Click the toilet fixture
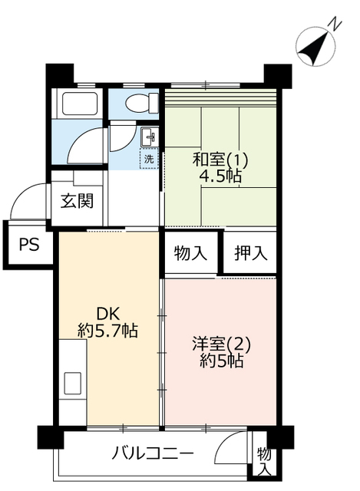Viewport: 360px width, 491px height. click(x=142, y=102)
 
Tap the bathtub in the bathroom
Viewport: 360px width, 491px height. click(x=80, y=104)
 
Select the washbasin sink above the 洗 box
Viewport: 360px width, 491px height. click(x=148, y=137)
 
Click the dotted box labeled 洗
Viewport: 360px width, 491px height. click(x=149, y=159)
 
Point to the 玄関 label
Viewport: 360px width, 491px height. click(x=77, y=201)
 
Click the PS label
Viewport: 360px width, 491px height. click(x=29, y=244)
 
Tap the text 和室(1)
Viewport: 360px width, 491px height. click(x=220, y=160)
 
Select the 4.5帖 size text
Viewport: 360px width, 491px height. click(x=220, y=177)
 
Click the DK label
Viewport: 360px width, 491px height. click(x=107, y=313)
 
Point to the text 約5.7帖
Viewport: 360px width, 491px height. click(x=107, y=330)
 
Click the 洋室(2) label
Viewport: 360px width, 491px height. click(x=221, y=344)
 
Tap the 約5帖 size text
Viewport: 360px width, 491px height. click(x=221, y=361)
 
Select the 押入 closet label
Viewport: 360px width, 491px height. click(x=251, y=252)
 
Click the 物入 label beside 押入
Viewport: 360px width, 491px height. click(x=190, y=252)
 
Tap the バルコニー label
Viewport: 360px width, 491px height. click(x=153, y=453)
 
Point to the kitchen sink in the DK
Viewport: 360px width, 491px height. click(x=73, y=384)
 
